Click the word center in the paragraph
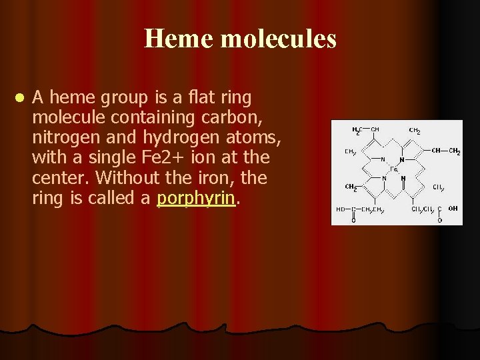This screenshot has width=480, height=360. [x=55, y=179]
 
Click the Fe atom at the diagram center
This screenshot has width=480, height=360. [x=394, y=170]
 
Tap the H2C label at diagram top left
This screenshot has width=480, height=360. [x=358, y=129]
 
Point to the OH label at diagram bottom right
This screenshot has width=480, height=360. [x=453, y=209]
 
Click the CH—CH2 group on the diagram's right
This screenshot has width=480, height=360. [x=445, y=151]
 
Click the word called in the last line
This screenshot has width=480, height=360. [x=117, y=199]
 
